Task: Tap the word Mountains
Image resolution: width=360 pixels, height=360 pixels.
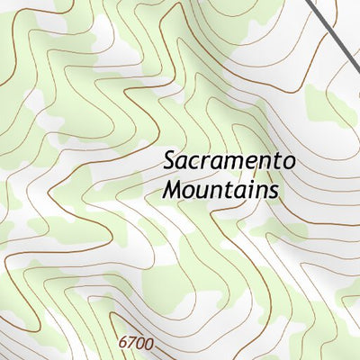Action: pos(220,191)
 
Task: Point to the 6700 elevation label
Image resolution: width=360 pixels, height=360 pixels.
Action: pos(136,344)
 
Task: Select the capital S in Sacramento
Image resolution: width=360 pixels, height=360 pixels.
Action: pos(170,162)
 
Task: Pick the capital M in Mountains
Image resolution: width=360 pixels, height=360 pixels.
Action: pos(175,191)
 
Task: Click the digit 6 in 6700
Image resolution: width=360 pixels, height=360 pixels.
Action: pos(123,344)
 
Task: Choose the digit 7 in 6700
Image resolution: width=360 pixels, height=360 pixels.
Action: pos(131,344)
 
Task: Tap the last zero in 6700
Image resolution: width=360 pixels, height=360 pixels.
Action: pos(148,344)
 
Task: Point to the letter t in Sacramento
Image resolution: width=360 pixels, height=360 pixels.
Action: pos(277,163)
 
